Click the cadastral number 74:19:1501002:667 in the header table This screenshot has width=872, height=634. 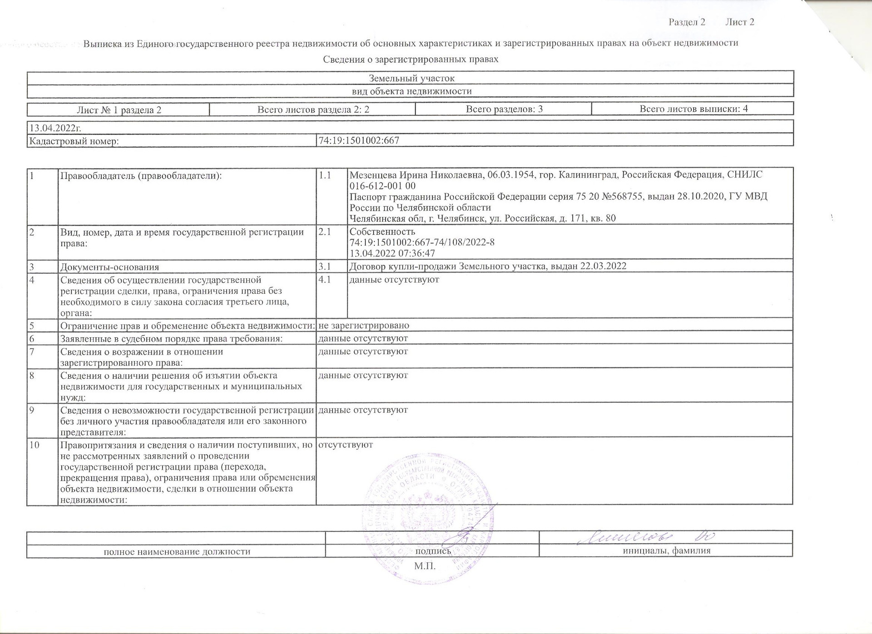[x=359, y=140]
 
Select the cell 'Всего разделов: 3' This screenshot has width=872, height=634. [x=504, y=109]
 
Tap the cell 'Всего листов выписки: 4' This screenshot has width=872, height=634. [x=694, y=109]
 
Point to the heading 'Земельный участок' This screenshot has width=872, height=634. [x=411, y=78]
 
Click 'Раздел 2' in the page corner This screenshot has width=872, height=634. [x=687, y=22]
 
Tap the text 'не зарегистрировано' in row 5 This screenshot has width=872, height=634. [x=364, y=325]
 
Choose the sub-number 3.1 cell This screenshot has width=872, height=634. [x=325, y=266]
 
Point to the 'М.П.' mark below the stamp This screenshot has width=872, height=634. [x=425, y=566]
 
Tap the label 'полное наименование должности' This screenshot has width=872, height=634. [x=177, y=551]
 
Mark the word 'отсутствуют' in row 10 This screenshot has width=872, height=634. [x=346, y=444]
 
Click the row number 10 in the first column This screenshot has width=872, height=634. [x=35, y=445]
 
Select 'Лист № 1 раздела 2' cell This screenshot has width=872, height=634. [x=119, y=109]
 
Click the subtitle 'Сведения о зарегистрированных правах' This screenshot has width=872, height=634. [x=411, y=59]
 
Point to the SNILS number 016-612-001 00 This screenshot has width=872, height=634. [x=382, y=186]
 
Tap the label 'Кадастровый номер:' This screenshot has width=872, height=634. [x=74, y=141]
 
